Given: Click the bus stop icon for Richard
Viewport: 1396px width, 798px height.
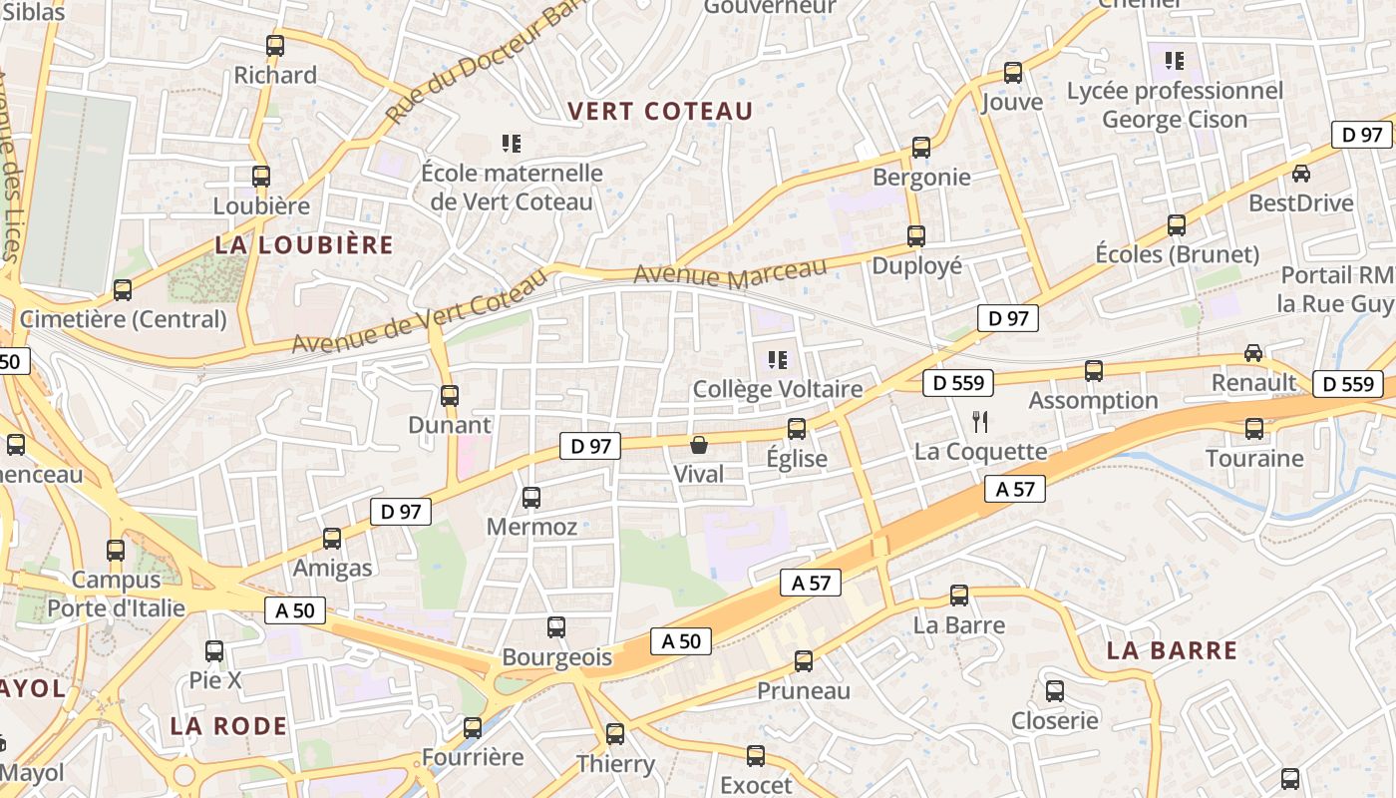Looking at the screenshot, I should point(275,46).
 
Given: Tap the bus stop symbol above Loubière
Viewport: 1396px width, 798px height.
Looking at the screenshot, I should point(261,177).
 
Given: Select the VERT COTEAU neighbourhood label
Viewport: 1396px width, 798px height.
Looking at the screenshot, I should point(660,111).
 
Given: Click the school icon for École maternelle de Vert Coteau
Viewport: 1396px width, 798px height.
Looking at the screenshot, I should point(512,144).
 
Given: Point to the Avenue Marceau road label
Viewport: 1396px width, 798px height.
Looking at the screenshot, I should point(730,272).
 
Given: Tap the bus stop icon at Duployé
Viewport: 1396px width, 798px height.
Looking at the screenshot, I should point(916,236).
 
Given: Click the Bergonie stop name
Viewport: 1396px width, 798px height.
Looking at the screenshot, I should point(921,177).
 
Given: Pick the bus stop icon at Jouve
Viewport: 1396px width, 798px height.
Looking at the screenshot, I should point(1013,73).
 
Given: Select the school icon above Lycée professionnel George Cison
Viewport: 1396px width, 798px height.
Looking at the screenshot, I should point(1175,61).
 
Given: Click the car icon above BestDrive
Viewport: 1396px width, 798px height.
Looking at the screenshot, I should point(1301,174).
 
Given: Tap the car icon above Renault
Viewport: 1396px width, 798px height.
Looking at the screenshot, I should point(1253,353).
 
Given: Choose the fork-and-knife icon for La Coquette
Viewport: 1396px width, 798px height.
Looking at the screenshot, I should point(980,422).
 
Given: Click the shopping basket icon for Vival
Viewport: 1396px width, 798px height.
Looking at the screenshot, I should point(699,445).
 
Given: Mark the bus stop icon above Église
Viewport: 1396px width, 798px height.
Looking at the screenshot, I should point(797,429).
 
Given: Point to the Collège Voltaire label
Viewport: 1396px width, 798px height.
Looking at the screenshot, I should point(777,389).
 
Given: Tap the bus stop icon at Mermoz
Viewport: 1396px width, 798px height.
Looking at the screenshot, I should point(531,497).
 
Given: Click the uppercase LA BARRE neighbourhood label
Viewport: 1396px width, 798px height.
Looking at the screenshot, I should point(1172,651).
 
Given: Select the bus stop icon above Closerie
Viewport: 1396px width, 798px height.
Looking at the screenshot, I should point(1055,691).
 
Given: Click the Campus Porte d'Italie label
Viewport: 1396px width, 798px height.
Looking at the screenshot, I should point(117,594).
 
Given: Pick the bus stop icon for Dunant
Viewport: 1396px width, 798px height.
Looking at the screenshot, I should point(450,396).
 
